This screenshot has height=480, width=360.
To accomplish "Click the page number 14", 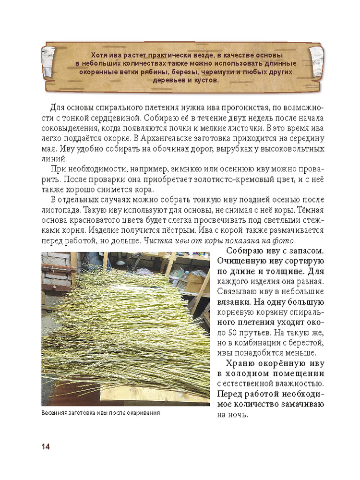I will (46, 446).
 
